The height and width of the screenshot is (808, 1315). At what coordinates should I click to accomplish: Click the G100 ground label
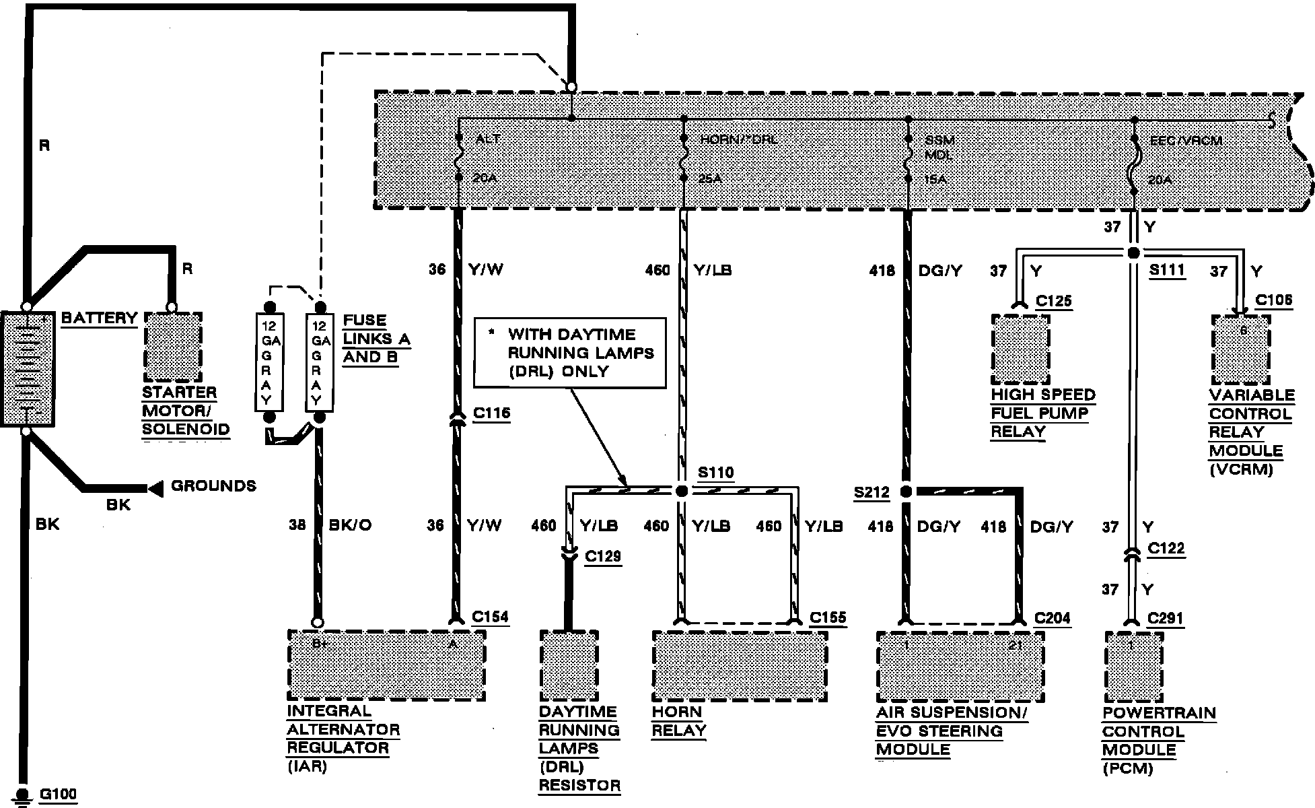click(x=58, y=794)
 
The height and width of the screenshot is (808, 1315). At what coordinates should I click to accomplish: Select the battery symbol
click(x=28, y=368)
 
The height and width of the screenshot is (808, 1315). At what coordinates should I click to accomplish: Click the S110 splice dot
click(x=681, y=492)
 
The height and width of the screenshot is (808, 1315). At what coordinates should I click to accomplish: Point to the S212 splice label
click(x=871, y=492)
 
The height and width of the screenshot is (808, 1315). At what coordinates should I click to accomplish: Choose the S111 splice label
click(x=1166, y=270)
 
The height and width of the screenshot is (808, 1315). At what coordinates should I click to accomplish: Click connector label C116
click(x=491, y=413)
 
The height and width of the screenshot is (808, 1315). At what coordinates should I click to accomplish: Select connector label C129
click(x=602, y=556)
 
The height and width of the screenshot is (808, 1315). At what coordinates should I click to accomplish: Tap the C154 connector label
click(x=490, y=617)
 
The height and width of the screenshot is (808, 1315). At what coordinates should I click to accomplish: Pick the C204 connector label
click(x=1052, y=617)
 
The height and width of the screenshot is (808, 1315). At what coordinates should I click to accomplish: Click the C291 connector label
click(x=1165, y=618)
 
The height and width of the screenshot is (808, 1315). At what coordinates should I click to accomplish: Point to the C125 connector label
click(x=1053, y=301)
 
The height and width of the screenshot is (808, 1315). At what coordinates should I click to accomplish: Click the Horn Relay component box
click(x=739, y=666)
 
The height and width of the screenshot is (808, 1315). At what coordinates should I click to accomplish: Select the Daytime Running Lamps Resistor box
click(x=569, y=666)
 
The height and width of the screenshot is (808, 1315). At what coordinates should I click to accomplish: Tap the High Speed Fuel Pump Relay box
click(x=1020, y=349)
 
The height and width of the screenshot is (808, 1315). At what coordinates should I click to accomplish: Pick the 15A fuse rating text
click(x=935, y=180)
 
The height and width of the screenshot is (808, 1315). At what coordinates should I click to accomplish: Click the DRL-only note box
click(x=569, y=353)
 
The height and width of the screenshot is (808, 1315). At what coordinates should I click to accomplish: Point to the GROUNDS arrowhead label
click(x=213, y=486)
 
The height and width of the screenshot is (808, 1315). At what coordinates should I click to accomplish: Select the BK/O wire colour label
click(x=350, y=525)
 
